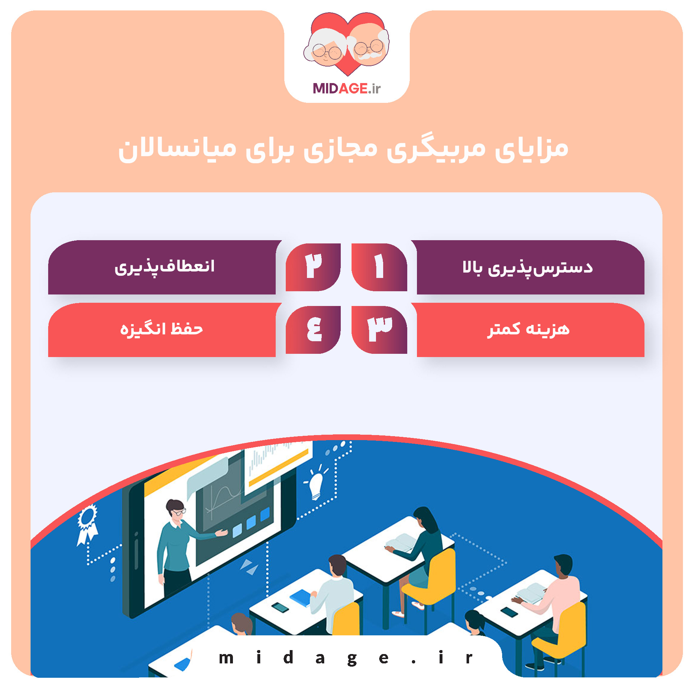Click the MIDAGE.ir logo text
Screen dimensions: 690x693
[x=346, y=88]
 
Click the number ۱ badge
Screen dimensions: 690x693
[x=379, y=267]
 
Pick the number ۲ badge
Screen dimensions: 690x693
[x=313, y=267]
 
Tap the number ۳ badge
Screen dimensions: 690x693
[x=379, y=329]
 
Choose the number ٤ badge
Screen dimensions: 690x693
[x=313, y=329]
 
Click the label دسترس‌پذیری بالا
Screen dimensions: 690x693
[x=527, y=268]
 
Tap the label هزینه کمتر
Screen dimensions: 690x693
[x=528, y=329]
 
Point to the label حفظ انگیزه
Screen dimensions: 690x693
[x=161, y=329]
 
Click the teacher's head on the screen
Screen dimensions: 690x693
[x=175, y=508]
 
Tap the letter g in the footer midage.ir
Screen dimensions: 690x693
[x=352, y=658]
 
